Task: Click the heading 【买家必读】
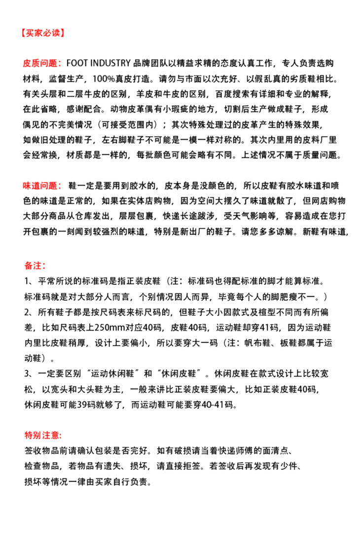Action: pos(42,34)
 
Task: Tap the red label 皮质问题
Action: pos(41,64)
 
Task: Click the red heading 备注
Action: pos(35,266)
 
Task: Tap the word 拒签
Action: pos(195,465)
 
